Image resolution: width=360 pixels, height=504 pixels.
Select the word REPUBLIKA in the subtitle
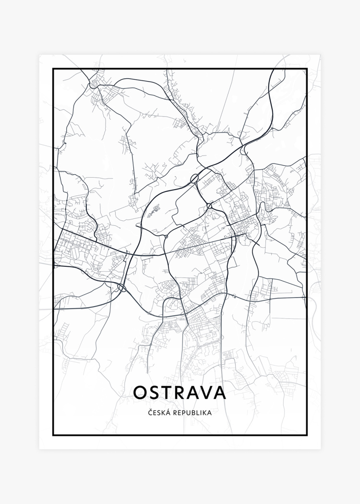[x=192, y=412]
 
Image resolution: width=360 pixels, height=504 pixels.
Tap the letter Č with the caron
[x=150, y=412]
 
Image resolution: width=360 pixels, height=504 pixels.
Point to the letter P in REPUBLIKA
[x=182, y=412]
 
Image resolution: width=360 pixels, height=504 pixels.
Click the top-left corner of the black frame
[x=53, y=69]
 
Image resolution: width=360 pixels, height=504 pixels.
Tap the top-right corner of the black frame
[x=306, y=69]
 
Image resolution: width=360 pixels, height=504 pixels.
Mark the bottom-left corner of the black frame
[x=53, y=435]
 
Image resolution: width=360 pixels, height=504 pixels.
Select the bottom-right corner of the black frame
[x=306, y=435]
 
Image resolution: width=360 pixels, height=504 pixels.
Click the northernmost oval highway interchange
[x=194, y=179]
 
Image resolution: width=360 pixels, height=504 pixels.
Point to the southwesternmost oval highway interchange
[x=121, y=288]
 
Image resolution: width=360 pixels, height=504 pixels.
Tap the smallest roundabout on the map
[x=166, y=236]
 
